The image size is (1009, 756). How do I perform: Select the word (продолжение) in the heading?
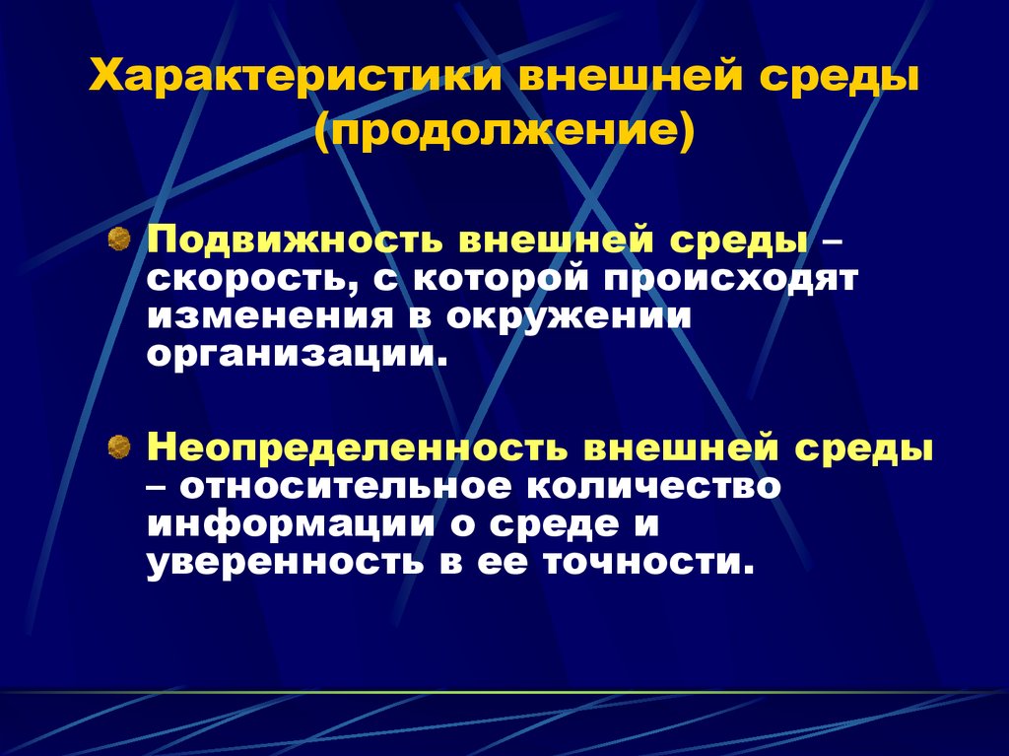pos(504,130)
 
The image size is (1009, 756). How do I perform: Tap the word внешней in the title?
pos(629,79)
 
